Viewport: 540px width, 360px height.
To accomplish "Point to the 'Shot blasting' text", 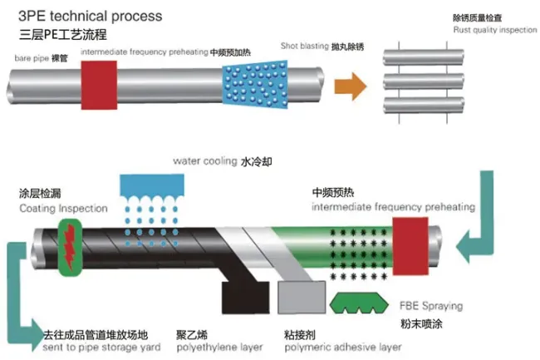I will pyautogui.click(x=304, y=47).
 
